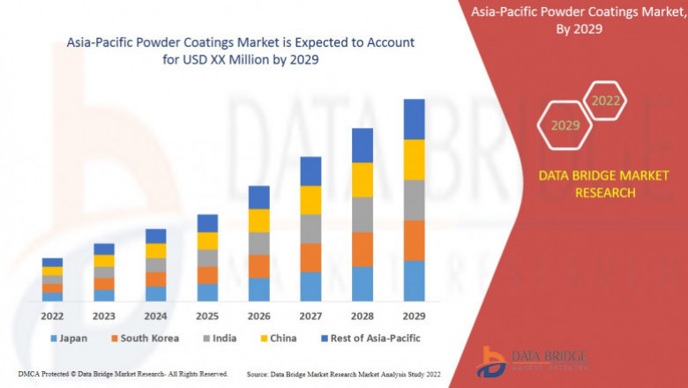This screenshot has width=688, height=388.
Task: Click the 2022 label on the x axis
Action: coord(52,316)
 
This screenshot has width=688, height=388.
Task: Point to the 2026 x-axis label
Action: coord(258,316)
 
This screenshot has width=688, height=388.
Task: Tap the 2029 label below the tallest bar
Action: coord(414,316)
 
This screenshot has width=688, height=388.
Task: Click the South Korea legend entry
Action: coord(145,338)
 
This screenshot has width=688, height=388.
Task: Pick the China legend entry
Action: coord(278,338)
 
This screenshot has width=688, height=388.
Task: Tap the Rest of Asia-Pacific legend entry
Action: coord(370,338)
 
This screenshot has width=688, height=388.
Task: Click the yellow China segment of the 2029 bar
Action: coord(414,160)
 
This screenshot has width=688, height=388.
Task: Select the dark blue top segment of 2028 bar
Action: coord(362,145)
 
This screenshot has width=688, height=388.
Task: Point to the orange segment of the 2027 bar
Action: coord(310,257)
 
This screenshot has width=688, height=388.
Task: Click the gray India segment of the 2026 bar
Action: coord(258,243)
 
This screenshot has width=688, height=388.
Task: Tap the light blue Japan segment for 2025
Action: coord(207,292)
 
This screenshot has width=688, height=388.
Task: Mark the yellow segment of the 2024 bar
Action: coord(155,250)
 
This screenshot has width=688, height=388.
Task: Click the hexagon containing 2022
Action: coord(606,101)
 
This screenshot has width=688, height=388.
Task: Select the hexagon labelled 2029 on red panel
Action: coord(565,126)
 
